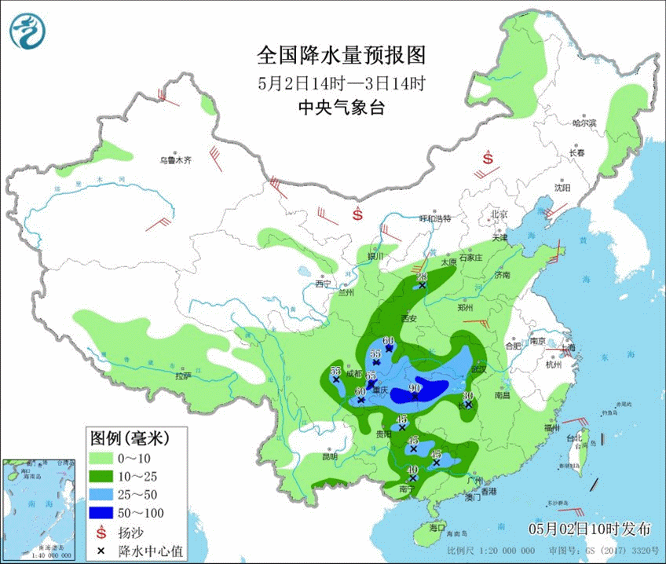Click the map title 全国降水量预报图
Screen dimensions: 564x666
point(341,56)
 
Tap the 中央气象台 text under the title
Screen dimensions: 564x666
point(341,108)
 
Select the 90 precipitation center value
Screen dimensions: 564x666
point(415,388)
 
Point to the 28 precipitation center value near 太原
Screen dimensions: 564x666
point(422,277)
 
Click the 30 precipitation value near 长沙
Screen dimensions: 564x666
point(468,395)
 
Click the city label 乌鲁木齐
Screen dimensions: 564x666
point(175,159)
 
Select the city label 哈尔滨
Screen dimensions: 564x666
point(584,123)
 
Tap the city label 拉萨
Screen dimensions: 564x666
point(182,376)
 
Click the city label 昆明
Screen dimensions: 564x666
point(329,456)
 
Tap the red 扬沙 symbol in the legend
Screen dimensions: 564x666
point(101,533)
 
